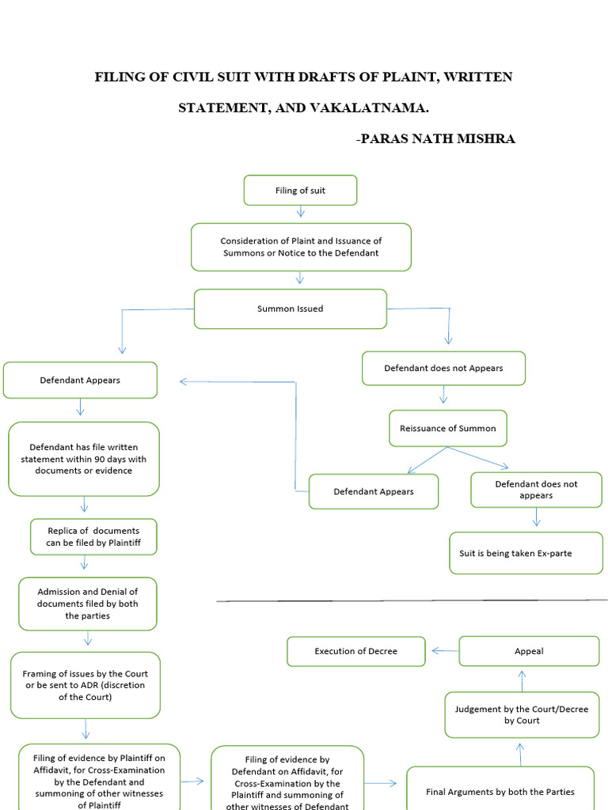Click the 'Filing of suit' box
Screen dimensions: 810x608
click(x=300, y=191)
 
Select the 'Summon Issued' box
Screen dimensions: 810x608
click(x=290, y=308)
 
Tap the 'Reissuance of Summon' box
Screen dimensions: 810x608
click(x=448, y=428)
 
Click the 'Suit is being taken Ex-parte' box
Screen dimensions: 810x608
click(x=526, y=553)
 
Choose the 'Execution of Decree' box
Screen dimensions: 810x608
click(x=355, y=651)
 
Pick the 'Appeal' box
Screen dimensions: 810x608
click(x=529, y=651)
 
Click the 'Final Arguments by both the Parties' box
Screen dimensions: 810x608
click(x=500, y=791)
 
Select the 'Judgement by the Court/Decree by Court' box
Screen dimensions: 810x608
click(x=521, y=714)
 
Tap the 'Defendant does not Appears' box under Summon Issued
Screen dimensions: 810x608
click(x=443, y=368)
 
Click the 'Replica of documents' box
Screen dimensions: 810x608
click(x=93, y=536)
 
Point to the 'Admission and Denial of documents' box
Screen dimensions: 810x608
click(x=87, y=604)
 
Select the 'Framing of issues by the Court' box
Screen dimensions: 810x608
click(x=85, y=685)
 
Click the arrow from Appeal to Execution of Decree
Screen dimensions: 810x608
click(x=444, y=651)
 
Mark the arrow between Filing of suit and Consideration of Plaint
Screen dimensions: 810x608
click(x=300, y=212)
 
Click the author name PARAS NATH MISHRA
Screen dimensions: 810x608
click(x=437, y=139)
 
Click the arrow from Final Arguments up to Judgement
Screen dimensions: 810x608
click(x=521, y=754)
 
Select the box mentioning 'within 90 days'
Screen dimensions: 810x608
click(x=83, y=459)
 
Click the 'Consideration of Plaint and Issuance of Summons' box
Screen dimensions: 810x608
click(x=301, y=247)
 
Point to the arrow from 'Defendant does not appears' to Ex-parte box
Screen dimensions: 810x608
click(x=537, y=517)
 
